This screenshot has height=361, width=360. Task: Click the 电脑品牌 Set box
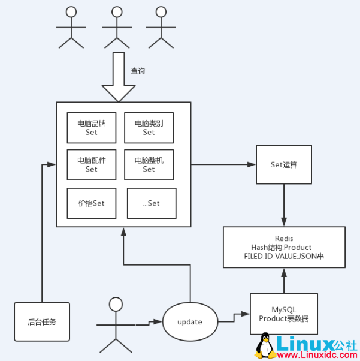tap(91, 128)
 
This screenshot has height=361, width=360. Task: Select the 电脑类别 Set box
tap(149, 128)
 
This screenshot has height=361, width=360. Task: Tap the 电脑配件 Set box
tap(91, 164)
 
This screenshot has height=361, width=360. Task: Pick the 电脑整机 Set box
tap(149, 164)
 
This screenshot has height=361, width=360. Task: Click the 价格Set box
tap(91, 203)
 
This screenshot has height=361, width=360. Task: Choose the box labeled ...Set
tap(152, 203)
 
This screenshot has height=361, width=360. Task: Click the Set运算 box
tap(283, 164)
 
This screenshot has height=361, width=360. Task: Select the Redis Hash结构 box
tap(284, 247)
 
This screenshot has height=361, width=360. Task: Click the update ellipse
tap(190, 322)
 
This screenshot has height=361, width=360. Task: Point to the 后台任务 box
tap(42, 322)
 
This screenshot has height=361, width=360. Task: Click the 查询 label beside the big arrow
tap(138, 71)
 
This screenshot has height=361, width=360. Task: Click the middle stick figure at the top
tap(116, 27)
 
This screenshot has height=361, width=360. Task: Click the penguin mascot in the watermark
tap(264, 346)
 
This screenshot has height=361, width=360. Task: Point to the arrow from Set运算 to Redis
tap(283, 205)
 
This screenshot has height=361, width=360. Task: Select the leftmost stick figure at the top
tap(71, 27)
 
